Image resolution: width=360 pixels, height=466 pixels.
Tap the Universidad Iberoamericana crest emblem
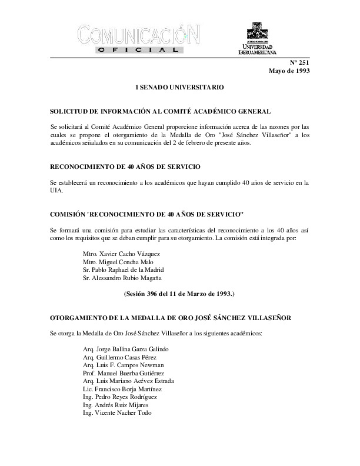pyautogui.click(x=257, y=30)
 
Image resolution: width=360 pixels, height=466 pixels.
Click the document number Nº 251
pyautogui.click(x=299, y=62)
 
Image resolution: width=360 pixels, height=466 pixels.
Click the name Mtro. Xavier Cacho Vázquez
pyautogui.click(x=122, y=253)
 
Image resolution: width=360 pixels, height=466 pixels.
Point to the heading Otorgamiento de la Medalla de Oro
pyautogui.click(x=176, y=318)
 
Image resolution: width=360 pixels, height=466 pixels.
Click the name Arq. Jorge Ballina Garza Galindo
pyautogui.click(x=126, y=348)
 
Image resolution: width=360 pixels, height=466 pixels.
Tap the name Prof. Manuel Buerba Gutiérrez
pyautogui.click(x=124, y=373)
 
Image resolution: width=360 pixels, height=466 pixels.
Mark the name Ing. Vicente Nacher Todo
pyautogui.click(x=118, y=414)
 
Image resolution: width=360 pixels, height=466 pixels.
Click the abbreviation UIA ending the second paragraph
pyautogui.click(x=57, y=191)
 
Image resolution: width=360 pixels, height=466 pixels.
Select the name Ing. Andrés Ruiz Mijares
pyautogui.click(x=115, y=405)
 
